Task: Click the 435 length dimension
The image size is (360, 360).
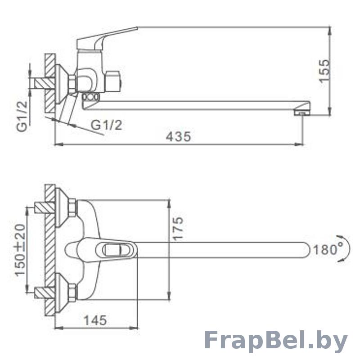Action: click(178, 137)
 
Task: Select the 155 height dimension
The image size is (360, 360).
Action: click(324, 70)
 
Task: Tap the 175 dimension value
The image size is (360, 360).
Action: click(178, 229)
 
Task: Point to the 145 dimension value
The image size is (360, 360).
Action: click(95, 320)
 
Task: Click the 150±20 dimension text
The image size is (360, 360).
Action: click(20, 250)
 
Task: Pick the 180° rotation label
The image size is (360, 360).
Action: click(328, 249)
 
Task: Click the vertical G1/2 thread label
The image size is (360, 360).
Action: click(22, 116)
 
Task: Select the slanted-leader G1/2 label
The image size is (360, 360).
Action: click(106, 126)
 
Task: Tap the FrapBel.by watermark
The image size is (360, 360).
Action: click(276, 342)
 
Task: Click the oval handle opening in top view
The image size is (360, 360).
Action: click(115, 250)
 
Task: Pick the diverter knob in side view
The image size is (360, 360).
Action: click(112, 81)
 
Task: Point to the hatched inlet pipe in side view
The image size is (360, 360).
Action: click(45, 83)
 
